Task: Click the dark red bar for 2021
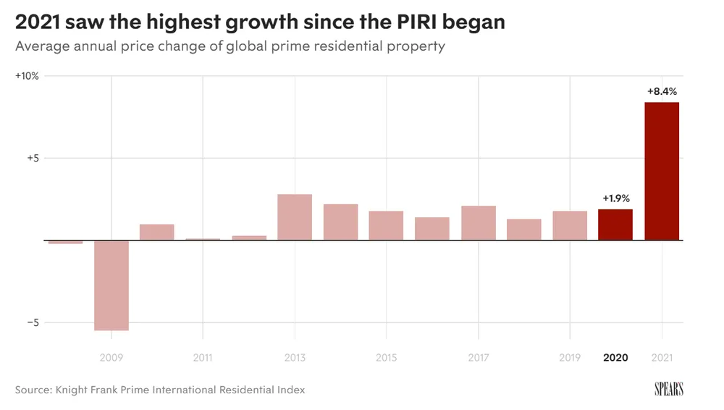[x=662, y=171]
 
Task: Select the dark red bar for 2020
[x=615, y=225]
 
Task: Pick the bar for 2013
[x=295, y=217]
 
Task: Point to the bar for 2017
[x=479, y=222]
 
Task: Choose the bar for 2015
[x=386, y=225]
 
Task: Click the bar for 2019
[x=570, y=225]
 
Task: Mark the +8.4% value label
[x=662, y=92]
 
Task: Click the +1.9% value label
[x=616, y=198]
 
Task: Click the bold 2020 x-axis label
[x=615, y=358]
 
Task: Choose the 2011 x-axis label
[x=203, y=358]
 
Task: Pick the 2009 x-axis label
[x=111, y=358]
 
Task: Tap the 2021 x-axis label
[x=662, y=358]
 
